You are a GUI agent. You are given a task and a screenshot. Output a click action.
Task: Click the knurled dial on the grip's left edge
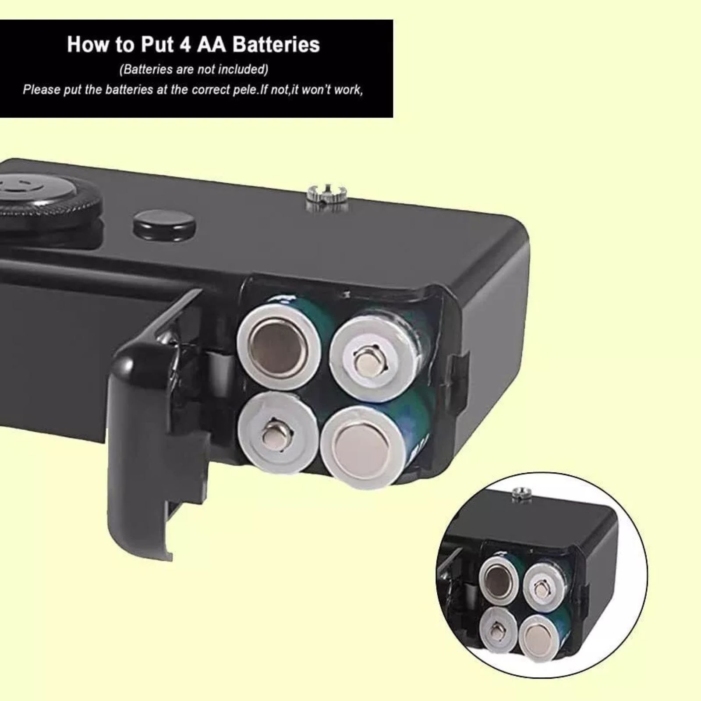click(x=44, y=197)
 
